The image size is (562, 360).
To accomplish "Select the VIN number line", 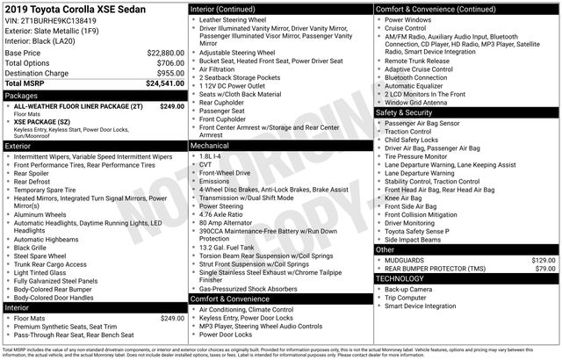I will (49, 20).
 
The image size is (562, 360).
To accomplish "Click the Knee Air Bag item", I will (405, 198).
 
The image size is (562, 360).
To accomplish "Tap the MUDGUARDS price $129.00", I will (534, 260).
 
